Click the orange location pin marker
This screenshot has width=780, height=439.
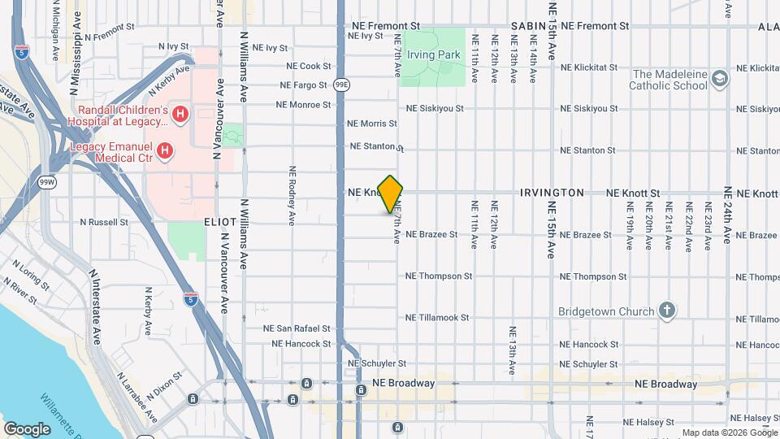pyautogui.click(x=391, y=194)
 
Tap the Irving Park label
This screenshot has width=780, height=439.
pyautogui.click(x=433, y=54)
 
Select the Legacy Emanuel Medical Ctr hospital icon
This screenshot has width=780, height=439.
pyautogui.click(x=166, y=150)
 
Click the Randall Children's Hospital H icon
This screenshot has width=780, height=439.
pyautogui.click(x=180, y=115)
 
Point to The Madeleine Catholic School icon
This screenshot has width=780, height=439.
pyautogui.click(x=718, y=79)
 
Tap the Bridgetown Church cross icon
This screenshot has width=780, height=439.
pyautogui.click(x=666, y=311)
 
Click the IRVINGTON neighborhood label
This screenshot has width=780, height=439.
pyautogui.click(x=552, y=193)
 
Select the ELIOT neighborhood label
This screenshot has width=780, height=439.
pyautogui.click(x=220, y=222)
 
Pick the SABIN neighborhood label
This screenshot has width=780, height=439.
pyautogui.click(x=528, y=27)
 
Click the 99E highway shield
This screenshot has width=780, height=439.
pyautogui.click(x=342, y=84)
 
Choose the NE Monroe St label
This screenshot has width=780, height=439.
pyautogui.click(x=303, y=105)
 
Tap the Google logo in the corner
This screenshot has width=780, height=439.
pyautogui.click(x=27, y=428)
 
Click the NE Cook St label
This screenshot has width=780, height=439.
pyautogui.click(x=309, y=67)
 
